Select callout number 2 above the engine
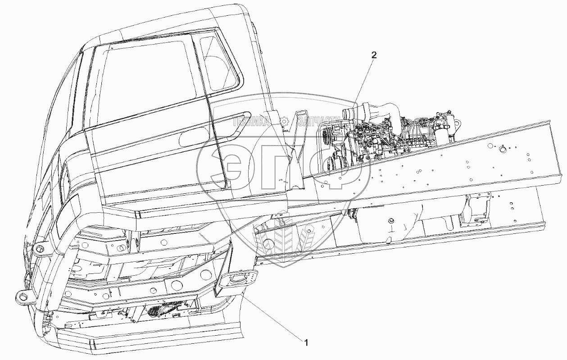click(x=373, y=55)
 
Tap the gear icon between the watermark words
click(x=284, y=121)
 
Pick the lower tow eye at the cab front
click(x=21, y=296)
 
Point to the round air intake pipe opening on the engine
click(x=349, y=114)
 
